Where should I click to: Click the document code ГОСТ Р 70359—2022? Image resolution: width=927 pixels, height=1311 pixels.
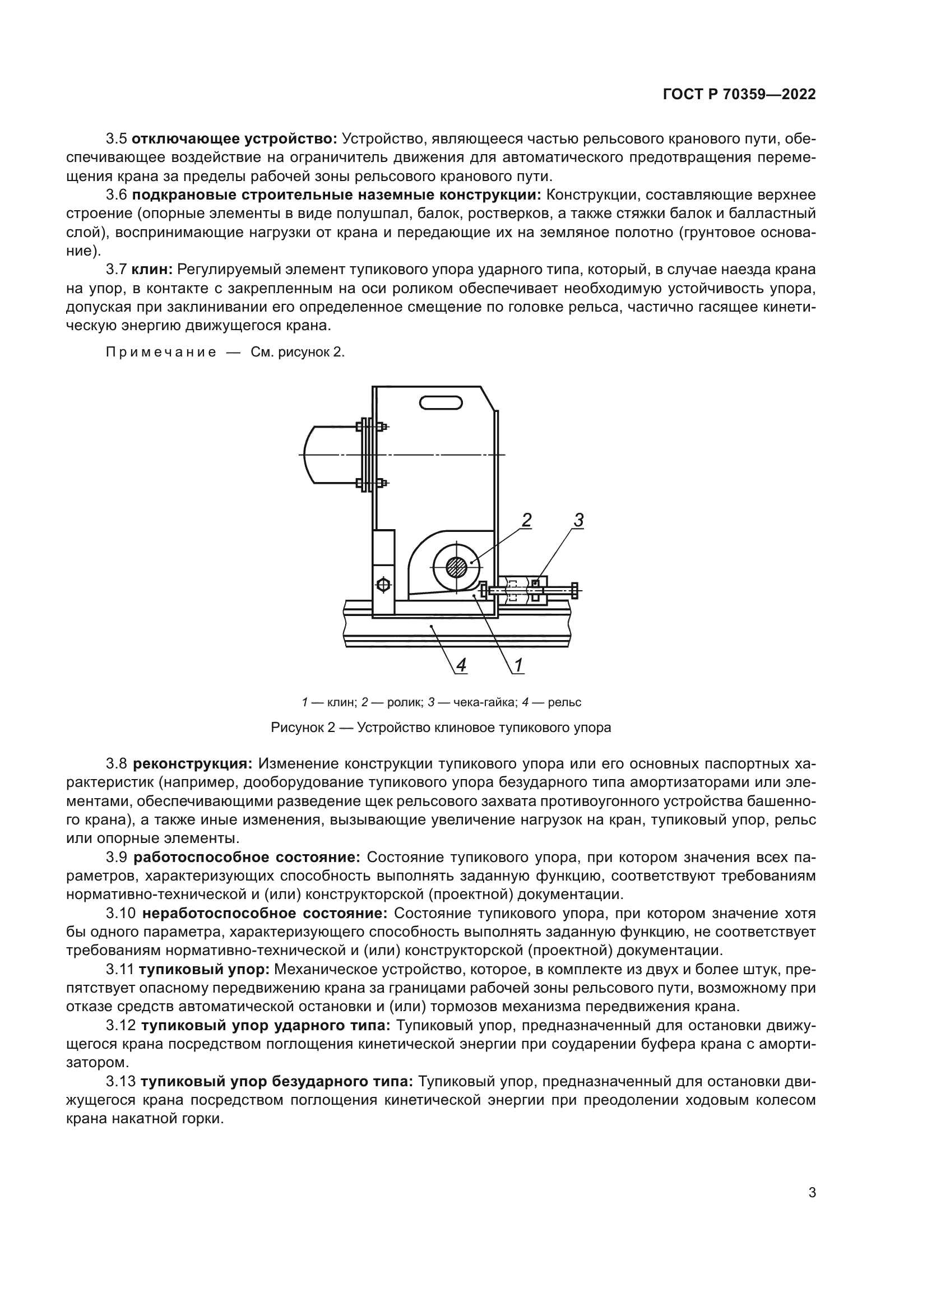pos(739,95)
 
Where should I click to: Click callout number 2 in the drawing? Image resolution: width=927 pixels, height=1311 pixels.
pos(526,520)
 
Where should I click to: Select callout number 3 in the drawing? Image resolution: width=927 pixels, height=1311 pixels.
pos(578,520)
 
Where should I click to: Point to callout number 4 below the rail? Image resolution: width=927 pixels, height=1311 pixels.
pos(461,665)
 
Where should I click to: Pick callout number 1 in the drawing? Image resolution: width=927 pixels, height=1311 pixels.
pos(518,665)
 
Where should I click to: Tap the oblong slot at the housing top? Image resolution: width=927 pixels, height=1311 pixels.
pos(441,404)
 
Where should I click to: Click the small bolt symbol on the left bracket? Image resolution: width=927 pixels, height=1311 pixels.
pos(383,585)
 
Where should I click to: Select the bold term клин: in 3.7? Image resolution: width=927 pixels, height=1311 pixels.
pos(152,270)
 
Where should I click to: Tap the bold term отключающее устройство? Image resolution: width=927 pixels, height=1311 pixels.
pos(235,139)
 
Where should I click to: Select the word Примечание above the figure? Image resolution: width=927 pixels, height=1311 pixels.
pos(161,353)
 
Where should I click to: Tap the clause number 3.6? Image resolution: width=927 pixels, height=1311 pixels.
pos(117,194)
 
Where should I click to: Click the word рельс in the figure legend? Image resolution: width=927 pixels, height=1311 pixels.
pos(564,702)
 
